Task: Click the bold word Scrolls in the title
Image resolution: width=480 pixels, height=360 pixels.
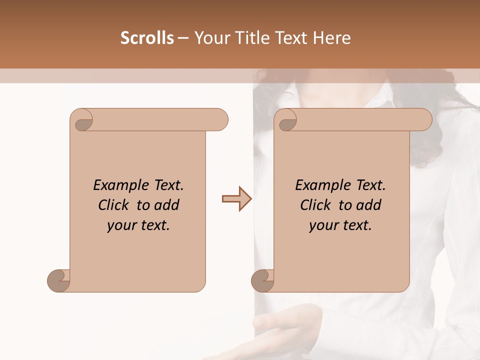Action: (x=147, y=38)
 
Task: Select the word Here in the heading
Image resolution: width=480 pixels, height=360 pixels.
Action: (x=332, y=38)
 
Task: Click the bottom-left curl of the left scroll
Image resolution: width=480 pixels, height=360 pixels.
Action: (x=58, y=280)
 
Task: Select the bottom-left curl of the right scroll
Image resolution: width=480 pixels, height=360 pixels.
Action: (x=262, y=280)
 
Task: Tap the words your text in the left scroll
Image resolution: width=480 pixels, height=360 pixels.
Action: (x=138, y=225)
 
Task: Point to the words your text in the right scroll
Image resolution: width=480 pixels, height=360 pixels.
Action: (x=340, y=225)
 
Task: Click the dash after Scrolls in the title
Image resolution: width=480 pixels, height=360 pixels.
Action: (x=183, y=38)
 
